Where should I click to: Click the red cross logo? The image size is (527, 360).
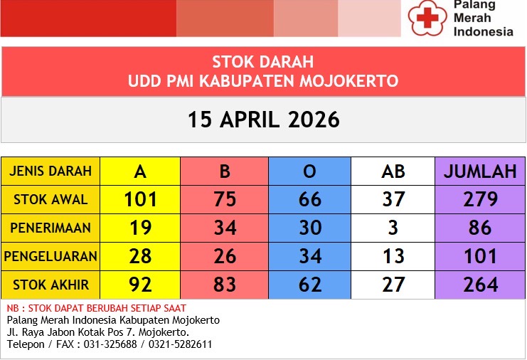coord(427,17)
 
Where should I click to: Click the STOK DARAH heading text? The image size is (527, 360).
coord(262,62)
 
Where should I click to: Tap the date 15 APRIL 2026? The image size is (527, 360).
coord(263,119)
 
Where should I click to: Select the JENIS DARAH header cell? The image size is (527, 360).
coord(50,171)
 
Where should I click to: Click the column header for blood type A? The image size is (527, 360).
coord(140,171)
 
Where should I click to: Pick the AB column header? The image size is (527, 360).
coord(393,171)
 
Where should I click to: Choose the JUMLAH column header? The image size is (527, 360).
coord(480,171)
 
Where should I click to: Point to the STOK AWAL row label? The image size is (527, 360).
coord(50,199)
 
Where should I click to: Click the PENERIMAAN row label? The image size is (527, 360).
coord(50,228)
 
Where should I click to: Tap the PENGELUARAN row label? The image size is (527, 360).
coord(50,256)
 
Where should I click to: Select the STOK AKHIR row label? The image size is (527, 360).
coord(50,285)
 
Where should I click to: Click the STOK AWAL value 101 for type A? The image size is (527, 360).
coord(140,199)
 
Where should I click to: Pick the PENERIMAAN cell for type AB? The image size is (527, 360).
coord(393,228)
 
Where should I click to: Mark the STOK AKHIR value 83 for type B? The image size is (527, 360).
coord(225,285)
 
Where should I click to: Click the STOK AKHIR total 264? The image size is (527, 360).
coord(480,285)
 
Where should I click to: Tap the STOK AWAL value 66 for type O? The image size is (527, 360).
coord(310,199)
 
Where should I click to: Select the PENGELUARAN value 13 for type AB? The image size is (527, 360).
coord(393,256)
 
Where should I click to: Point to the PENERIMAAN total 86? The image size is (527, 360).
coord(480,228)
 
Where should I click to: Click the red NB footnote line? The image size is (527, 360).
coord(97,308)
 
